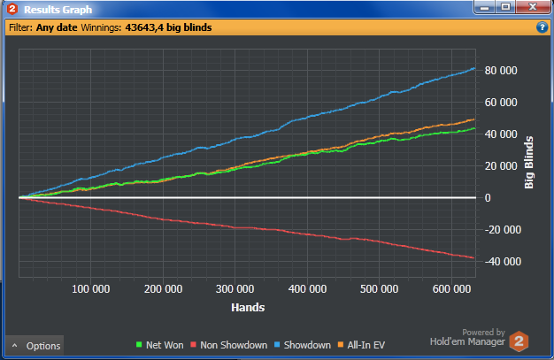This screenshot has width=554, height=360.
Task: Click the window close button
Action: (532, 7)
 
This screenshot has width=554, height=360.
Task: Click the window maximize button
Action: (506, 7)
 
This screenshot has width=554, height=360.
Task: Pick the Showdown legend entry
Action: (304, 345)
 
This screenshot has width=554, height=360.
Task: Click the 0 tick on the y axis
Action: (487, 198)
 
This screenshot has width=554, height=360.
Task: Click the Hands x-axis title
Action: (249, 307)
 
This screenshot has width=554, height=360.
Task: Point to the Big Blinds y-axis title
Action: (529, 162)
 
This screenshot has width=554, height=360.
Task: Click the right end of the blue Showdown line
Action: (474, 69)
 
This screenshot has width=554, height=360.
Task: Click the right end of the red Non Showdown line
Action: (474, 257)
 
